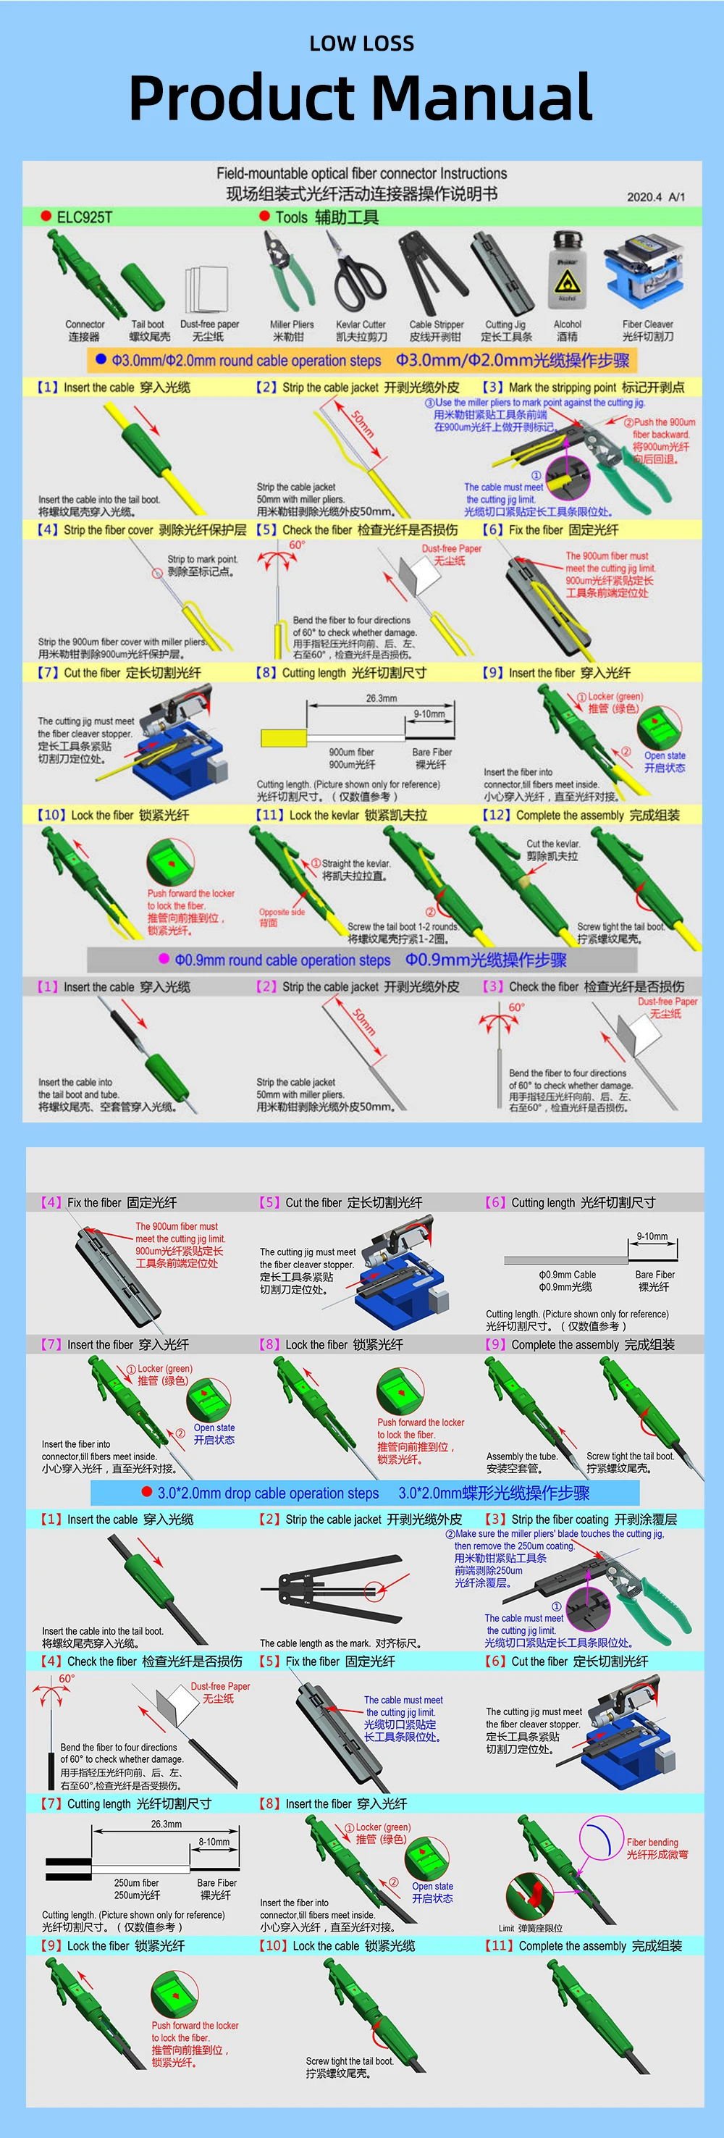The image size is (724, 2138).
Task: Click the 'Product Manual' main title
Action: [x=361, y=98]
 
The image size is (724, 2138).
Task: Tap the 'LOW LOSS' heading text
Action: [x=361, y=44]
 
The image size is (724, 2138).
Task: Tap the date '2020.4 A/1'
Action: [x=656, y=197]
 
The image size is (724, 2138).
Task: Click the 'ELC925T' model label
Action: [x=84, y=217]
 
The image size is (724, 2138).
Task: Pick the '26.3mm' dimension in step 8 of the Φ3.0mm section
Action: [x=381, y=698]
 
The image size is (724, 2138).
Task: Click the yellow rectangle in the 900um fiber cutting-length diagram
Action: [x=283, y=738]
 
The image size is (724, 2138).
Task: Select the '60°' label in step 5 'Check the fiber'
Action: [x=296, y=545]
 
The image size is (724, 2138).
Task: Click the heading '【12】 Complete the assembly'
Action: [x=581, y=815]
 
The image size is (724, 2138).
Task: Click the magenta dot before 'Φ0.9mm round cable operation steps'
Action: [x=164, y=960]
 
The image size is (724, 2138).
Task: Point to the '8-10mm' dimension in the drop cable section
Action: [x=214, y=1842]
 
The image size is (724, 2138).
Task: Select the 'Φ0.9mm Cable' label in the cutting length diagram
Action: [x=568, y=1274]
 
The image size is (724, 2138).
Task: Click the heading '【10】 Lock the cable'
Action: [x=336, y=1945]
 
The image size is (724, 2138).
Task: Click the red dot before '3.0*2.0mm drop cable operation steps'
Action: [x=147, y=1491]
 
